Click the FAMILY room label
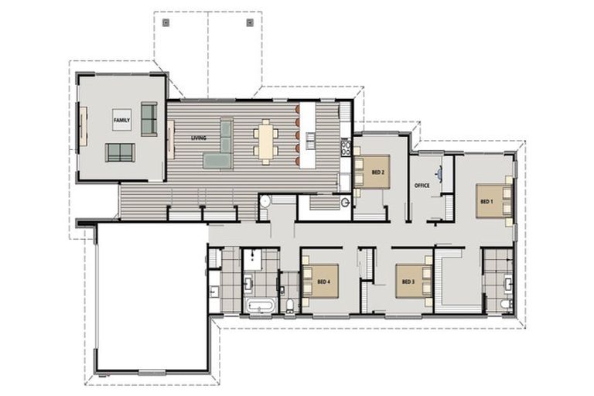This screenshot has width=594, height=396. [121, 120]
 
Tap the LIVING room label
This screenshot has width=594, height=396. [199, 138]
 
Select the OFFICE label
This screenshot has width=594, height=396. [422, 186]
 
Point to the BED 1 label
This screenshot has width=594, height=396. [486, 202]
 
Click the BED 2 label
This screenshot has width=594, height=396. [378, 172]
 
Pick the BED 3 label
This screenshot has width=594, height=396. [408, 282]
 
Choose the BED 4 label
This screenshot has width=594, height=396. [324, 282]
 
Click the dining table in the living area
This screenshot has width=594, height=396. [266, 142]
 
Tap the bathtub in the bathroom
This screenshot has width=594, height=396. [260, 306]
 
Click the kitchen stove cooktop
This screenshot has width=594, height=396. [346, 148]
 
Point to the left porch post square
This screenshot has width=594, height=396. [166, 22]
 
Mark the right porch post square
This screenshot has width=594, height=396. [250, 22]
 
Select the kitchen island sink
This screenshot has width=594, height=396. [311, 138]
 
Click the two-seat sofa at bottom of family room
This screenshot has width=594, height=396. [120, 152]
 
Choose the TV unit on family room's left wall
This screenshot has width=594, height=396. [83, 126]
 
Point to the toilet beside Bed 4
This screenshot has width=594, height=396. [290, 305]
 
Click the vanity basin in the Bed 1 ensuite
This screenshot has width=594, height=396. [507, 283]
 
